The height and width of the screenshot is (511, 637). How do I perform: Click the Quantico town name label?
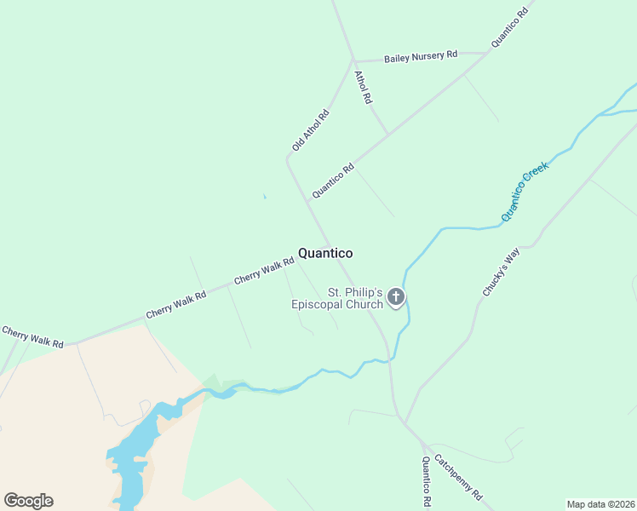[x=324, y=253]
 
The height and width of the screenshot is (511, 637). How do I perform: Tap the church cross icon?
[x=395, y=297]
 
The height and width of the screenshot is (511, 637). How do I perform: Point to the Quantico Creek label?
[x=525, y=191]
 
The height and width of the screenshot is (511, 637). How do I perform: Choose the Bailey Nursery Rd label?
[x=421, y=56]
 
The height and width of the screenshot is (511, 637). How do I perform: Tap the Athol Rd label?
[x=363, y=87]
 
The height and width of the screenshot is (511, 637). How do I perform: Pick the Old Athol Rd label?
[x=310, y=131]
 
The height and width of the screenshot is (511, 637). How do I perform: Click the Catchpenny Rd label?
[x=459, y=478]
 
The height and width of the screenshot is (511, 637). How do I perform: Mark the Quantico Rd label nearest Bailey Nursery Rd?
[x=510, y=26]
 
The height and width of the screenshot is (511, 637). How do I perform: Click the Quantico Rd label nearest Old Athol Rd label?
[x=332, y=181]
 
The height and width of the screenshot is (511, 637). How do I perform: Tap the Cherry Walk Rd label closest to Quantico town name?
[x=263, y=272]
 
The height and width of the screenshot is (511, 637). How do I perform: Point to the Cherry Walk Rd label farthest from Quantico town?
[x=32, y=336]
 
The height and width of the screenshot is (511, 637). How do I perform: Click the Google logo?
[x=28, y=501]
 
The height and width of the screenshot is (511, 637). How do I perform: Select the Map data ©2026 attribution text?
[x=600, y=504]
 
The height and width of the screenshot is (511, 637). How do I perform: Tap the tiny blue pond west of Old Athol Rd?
[x=265, y=198]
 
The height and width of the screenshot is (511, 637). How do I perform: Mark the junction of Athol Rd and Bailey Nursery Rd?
[x=353, y=61]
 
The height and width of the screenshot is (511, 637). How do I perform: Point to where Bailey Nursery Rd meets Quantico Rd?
[x=488, y=53]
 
